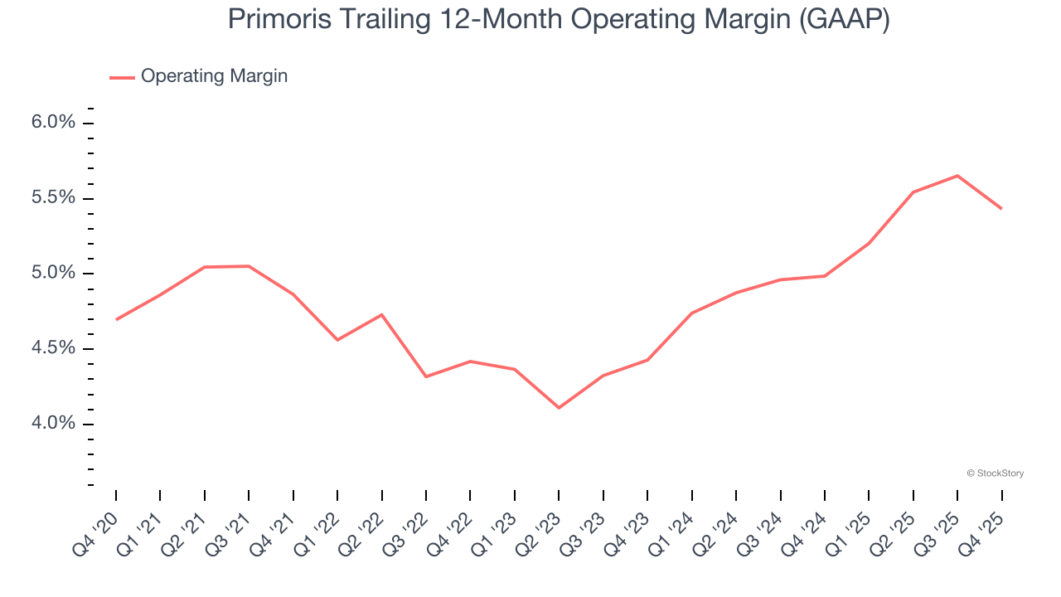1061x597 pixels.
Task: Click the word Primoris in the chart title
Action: pyautogui.click(x=279, y=19)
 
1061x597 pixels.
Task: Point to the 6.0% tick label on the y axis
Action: pyautogui.click(x=55, y=123)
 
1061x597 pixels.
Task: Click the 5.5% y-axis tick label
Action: pyautogui.click(x=55, y=198)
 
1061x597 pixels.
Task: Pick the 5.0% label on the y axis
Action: pyautogui.click(x=55, y=274)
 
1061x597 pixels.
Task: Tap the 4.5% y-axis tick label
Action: pyautogui.click(x=55, y=348)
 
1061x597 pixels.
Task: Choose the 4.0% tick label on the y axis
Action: pyautogui.click(x=55, y=424)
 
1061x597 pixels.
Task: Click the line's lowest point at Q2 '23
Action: pyautogui.click(x=559, y=408)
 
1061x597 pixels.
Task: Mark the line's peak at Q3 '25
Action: pyautogui.click(x=957, y=176)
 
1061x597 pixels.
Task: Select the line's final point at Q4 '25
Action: pyautogui.click(x=1001, y=208)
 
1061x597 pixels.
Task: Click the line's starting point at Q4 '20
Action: pyautogui.click(x=116, y=319)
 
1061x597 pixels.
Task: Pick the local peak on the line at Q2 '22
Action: pyautogui.click(x=381, y=314)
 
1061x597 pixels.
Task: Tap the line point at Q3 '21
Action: pyautogui.click(x=249, y=266)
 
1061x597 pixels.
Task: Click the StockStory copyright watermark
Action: pyautogui.click(x=995, y=473)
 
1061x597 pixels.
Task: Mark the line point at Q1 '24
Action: pyautogui.click(x=691, y=313)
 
